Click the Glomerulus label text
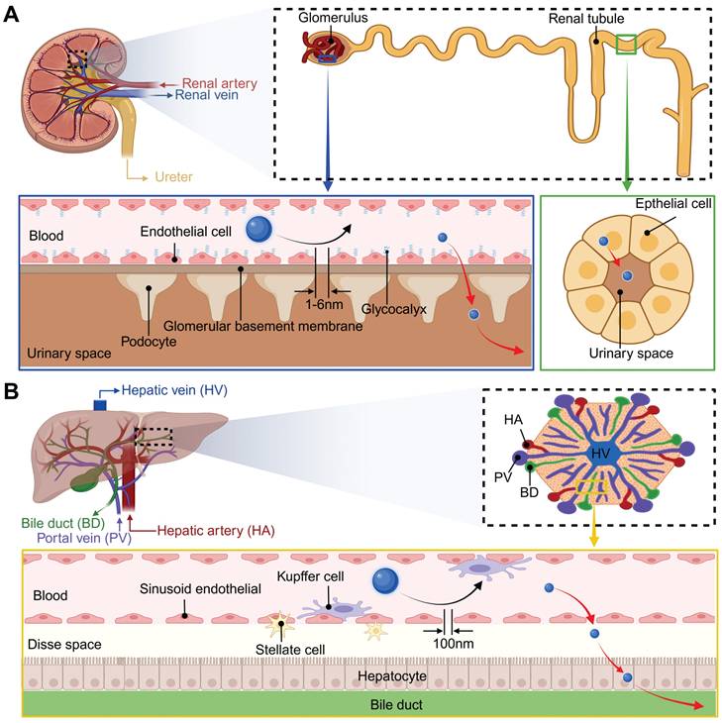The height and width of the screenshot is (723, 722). coord(330,17)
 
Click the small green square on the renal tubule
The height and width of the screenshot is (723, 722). coord(626,45)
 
